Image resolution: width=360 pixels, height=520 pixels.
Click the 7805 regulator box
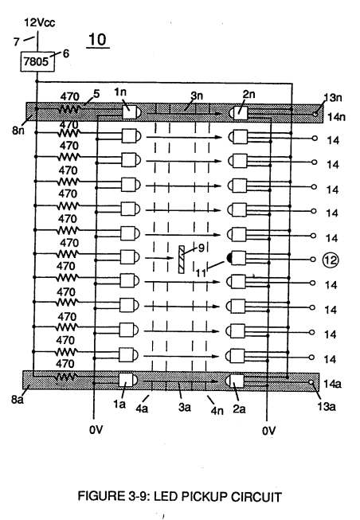[37, 61]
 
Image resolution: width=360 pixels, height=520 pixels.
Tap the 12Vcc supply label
[40, 23]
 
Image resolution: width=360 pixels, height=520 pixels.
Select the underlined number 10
[97, 40]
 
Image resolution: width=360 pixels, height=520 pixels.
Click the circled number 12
[331, 260]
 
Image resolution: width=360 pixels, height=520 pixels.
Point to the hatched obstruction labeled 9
[182, 260]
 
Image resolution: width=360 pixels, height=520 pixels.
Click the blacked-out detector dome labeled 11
[229, 257]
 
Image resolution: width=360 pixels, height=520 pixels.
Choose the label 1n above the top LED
[120, 92]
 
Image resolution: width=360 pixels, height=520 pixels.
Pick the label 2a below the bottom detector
[239, 409]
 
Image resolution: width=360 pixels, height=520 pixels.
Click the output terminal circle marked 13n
[315, 114]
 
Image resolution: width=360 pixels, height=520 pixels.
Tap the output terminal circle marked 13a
[311, 382]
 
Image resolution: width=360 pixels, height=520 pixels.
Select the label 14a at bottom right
[332, 384]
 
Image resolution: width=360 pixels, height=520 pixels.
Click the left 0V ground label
[96, 430]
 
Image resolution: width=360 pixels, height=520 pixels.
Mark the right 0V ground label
[268, 431]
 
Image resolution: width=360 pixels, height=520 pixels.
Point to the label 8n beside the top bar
[18, 131]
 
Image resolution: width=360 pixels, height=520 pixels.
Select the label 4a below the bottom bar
[142, 409]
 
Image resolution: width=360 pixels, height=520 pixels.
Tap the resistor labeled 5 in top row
[69, 108]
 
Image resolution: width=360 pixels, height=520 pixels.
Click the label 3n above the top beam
[197, 96]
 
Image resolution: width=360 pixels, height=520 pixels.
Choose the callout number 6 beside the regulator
[66, 53]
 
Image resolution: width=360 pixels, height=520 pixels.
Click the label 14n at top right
[336, 117]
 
